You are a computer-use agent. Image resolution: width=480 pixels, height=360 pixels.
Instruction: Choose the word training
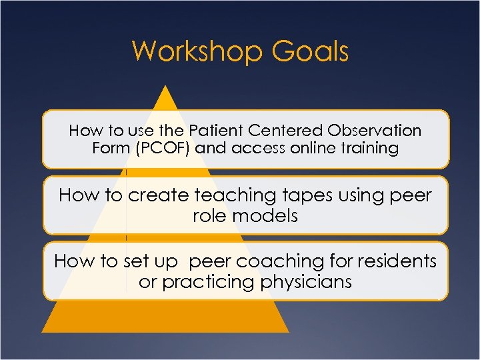click(370, 148)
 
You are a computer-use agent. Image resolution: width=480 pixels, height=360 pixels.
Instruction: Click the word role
click(208, 215)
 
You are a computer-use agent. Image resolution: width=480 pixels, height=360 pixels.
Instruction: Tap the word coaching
click(274, 261)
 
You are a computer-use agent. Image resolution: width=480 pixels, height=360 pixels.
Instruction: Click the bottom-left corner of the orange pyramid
click(42, 331)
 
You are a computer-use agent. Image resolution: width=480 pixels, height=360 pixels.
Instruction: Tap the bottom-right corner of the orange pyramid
click(289, 331)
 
